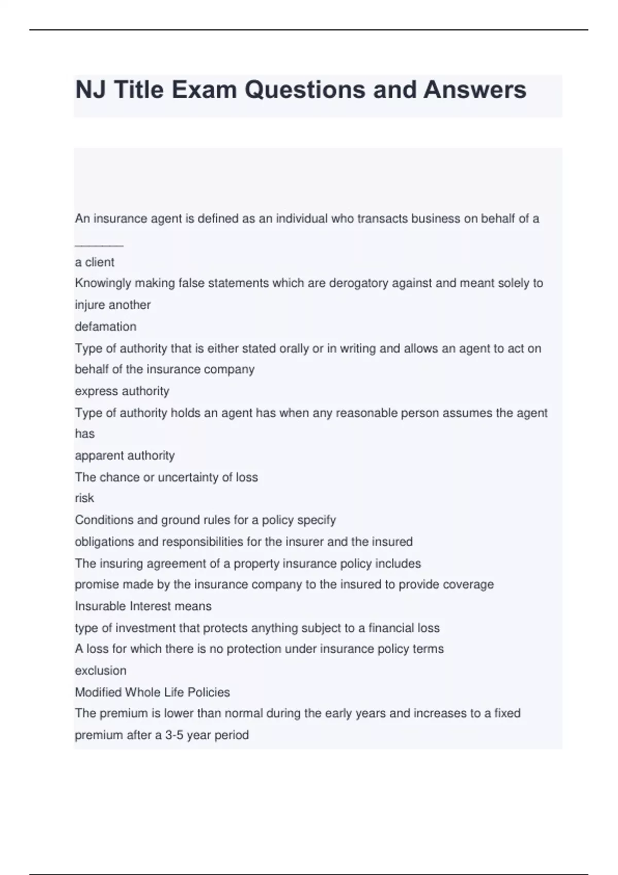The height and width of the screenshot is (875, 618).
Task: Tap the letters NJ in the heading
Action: point(91,90)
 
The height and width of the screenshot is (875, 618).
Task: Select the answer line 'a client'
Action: point(95,262)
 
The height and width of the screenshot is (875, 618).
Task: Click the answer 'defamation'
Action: point(106,326)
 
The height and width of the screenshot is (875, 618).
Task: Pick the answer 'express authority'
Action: point(122,391)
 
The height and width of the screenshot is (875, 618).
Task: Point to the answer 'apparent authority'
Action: point(125,456)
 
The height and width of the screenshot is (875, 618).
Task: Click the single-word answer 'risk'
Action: point(84,498)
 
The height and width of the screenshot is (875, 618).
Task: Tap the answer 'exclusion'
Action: point(100,671)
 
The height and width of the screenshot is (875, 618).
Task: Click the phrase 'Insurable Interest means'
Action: point(143,606)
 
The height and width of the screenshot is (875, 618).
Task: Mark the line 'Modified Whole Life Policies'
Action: point(152,692)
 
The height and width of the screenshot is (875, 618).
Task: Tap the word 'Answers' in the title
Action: point(474,90)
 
